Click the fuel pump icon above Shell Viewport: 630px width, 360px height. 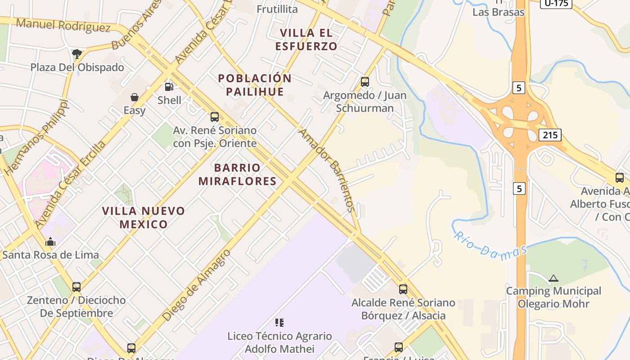coord(169,87)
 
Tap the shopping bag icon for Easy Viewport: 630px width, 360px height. coord(134,97)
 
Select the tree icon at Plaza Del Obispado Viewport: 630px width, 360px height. coord(77,54)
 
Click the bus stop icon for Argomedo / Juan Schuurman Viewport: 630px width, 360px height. coord(365,82)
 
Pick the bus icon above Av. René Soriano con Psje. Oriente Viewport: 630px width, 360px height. coord(215,117)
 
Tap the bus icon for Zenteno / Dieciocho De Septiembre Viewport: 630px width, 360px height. coord(76,287)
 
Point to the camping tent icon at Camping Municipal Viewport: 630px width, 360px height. coord(553,278)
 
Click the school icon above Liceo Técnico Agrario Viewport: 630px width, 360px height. coord(279,322)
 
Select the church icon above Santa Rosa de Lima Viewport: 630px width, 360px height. coord(50,242)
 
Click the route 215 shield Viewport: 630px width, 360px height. coord(550,135)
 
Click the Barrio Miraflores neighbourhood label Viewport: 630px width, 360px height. coord(237,175)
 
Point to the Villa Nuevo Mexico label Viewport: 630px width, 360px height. coord(144,217)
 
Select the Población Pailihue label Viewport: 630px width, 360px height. coord(255,85)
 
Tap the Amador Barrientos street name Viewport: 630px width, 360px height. coord(328,171)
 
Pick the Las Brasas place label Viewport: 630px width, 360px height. coord(498,12)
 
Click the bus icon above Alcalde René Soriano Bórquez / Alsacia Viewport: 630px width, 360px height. coord(403,289)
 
